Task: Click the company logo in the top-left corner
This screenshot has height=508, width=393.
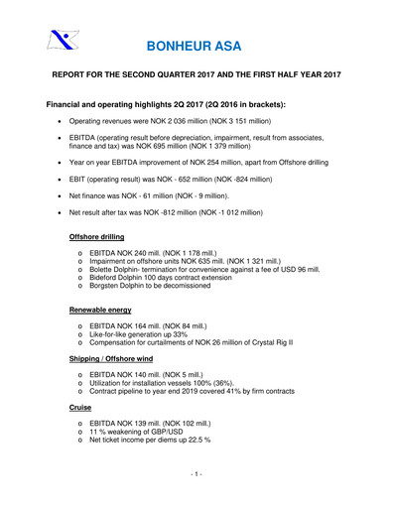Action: [62, 41]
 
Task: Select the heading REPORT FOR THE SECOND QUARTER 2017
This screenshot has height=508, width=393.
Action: [197, 74]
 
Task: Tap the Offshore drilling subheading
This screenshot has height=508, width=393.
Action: [105, 237]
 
